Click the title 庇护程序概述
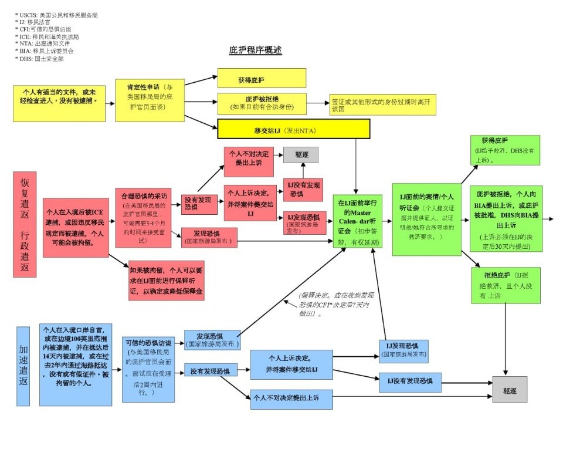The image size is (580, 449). (x=255, y=50)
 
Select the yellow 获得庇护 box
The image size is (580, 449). (x=262, y=78)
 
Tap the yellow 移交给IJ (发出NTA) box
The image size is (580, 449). (x=293, y=129)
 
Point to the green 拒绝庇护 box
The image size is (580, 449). (x=505, y=285)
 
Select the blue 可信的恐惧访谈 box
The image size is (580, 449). (x=148, y=369)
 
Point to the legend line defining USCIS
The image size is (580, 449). (x=56, y=15)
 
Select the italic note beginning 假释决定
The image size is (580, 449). (x=334, y=305)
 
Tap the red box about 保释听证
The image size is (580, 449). (x=171, y=281)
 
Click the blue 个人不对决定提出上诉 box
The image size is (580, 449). (x=291, y=399)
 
